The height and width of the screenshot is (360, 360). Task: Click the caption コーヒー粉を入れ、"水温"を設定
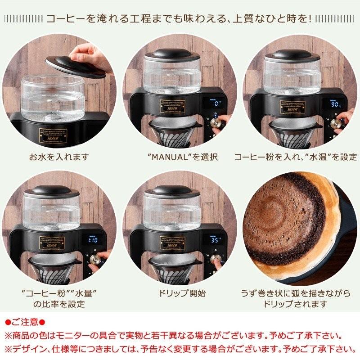click(x=295, y=157)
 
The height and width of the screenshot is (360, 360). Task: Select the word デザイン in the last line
click(x=30, y=349)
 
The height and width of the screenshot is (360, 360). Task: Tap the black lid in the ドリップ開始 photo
click(x=172, y=191)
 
